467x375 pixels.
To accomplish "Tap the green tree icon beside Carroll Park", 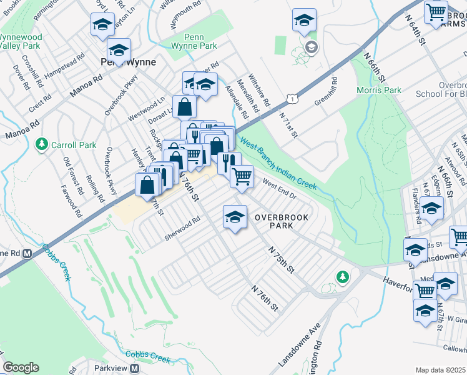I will [x=42, y=145].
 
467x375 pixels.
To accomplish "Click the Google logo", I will [x=21, y=367].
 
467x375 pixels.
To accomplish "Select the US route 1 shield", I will [x=292, y=98].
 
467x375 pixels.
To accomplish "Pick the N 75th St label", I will [x=281, y=259].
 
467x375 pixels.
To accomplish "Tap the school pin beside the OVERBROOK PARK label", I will [x=234, y=217].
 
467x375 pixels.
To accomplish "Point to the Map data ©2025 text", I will [x=440, y=370].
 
